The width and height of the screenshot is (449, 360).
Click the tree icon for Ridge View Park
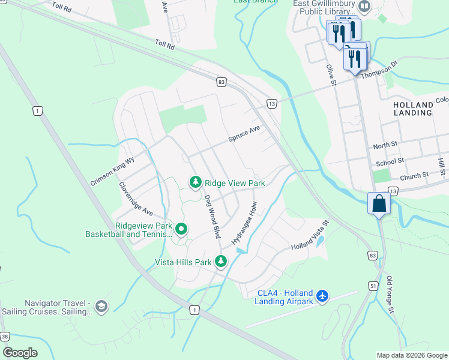195,182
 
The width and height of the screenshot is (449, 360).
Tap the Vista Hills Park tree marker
221,262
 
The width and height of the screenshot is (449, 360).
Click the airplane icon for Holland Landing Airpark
323,296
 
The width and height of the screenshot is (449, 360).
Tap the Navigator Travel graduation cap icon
101,307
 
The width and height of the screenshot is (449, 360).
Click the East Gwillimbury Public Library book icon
364,7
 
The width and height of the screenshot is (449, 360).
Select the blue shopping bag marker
379,203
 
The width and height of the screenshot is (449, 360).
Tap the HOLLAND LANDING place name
412,109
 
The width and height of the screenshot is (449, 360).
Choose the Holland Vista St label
310,235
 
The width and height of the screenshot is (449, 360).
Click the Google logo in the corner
20,352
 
